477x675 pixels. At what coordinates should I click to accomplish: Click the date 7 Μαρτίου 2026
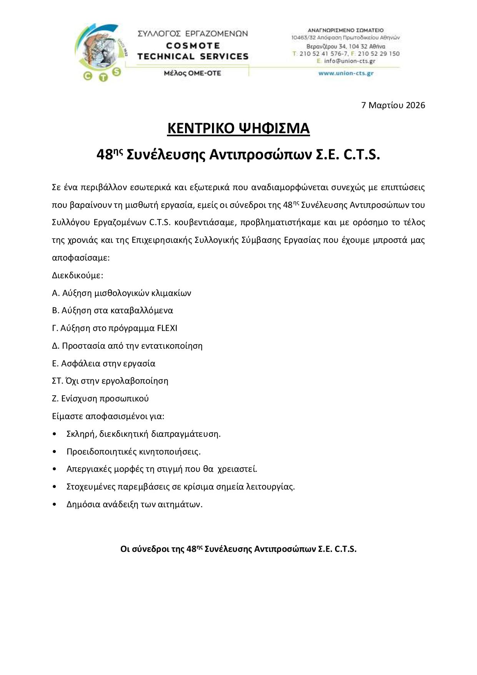pos(393,105)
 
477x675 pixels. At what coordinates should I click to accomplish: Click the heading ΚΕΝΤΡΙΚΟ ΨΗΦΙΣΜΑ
pos(239,129)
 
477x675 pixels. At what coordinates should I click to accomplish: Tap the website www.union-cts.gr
pos(346,74)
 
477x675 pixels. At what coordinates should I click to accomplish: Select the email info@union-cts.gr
pos(349,61)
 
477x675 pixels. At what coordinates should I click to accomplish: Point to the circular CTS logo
pos(101,52)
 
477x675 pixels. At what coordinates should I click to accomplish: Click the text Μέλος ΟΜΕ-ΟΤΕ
pos(192,73)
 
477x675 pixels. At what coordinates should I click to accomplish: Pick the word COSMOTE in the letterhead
pos(193,45)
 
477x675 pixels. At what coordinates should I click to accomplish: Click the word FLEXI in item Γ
pos(167,328)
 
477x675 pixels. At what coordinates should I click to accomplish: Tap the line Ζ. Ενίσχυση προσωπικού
pos(100,399)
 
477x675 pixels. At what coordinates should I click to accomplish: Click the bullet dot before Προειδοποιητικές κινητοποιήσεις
pos(55,452)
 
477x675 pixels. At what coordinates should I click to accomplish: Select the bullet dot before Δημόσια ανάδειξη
pos(55,505)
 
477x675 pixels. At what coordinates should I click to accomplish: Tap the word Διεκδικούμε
pos(77,276)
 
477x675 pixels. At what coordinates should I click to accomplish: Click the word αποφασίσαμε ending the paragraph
pos(81,258)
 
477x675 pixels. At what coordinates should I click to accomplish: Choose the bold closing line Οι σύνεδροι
pos(239,549)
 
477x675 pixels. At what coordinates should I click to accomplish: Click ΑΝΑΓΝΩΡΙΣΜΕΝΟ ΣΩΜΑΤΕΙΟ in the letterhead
pos(345,30)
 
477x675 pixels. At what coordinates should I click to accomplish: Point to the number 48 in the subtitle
pos(104,155)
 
